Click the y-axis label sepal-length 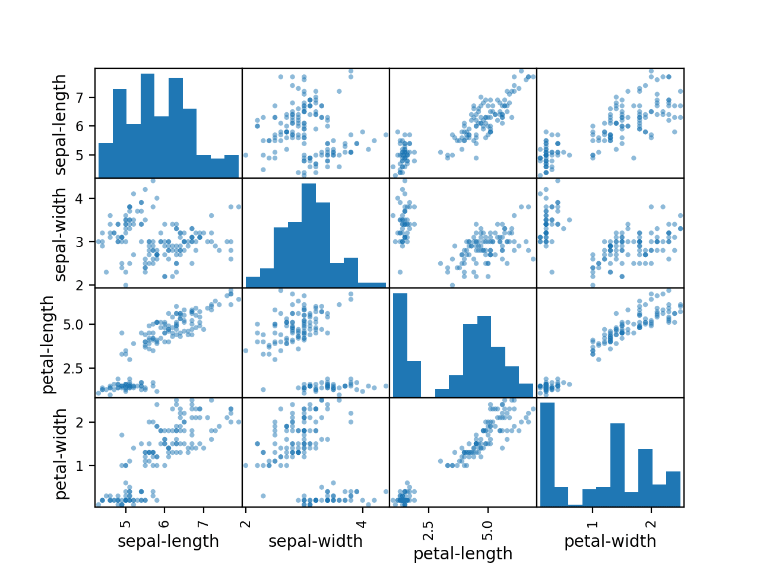pyautogui.click(x=61, y=124)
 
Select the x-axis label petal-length pyautogui.click(x=463, y=554)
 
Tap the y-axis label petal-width pyautogui.click(x=61, y=453)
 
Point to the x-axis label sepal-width pyautogui.click(x=315, y=541)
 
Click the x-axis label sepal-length pyautogui.click(x=168, y=541)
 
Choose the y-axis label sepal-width pyautogui.click(x=61, y=234)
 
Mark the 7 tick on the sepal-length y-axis pyautogui.click(x=83, y=97)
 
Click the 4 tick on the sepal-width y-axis pyautogui.click(x=83, y=198)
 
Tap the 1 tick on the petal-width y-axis pyautogui.click(x=83, y=465)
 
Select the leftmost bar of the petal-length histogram pyautogui.click(x=400, y=345)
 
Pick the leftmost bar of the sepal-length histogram pyautogui.click(x=106, y=160)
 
